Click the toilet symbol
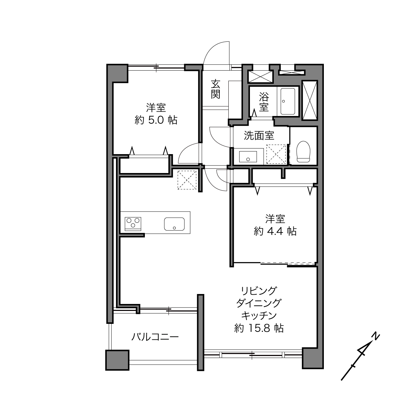click(x=303, y=151)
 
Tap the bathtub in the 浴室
click(x=288, y=101)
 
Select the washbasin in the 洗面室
click(x=248, y=156)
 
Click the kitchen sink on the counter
click(x=174, y=224)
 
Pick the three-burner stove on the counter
click(x=133, y=224)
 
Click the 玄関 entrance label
click(x=215, y=89)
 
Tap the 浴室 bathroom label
click(x=264, y=102)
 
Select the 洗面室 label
click(x=259, y=136)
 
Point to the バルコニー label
click(x=155, y=337)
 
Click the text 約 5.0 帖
click(x=156, y=120)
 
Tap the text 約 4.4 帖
click(x=275, y=231)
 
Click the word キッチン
click(x=259, y=316)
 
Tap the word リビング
click(x=259, y=291)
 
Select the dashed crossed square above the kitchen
click(x=187, y=180)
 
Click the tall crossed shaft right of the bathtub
click(x=310, y=100)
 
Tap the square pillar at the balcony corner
click(x=117, y=360)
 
